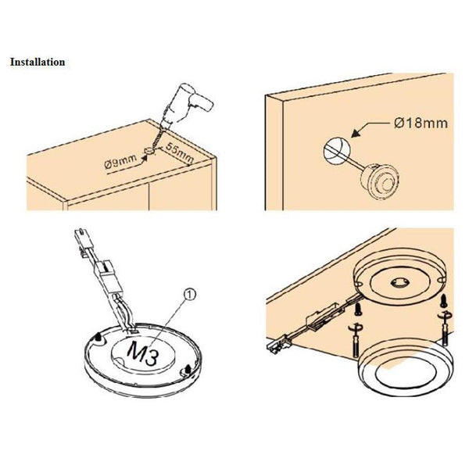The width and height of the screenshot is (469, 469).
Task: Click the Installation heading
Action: [38, 63]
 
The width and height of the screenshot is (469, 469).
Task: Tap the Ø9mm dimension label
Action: [120, 163]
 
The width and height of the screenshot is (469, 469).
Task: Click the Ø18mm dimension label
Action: [421, 123]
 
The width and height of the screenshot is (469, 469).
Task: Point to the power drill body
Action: [187, 103]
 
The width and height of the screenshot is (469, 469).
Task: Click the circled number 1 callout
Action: [190, 295]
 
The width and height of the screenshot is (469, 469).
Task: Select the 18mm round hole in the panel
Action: [337, 150]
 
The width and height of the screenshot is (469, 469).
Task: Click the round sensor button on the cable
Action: [380, 181]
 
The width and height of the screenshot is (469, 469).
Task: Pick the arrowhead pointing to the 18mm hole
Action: [356, 134]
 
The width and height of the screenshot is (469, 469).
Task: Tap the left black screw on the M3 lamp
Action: [98, 338]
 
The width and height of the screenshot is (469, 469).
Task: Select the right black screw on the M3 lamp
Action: [188, 369]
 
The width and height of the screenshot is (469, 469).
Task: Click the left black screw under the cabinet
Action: [357, 309]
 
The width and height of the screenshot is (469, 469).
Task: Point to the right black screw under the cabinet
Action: [443, 301]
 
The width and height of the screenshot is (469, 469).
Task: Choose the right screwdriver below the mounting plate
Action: [444, 329]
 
